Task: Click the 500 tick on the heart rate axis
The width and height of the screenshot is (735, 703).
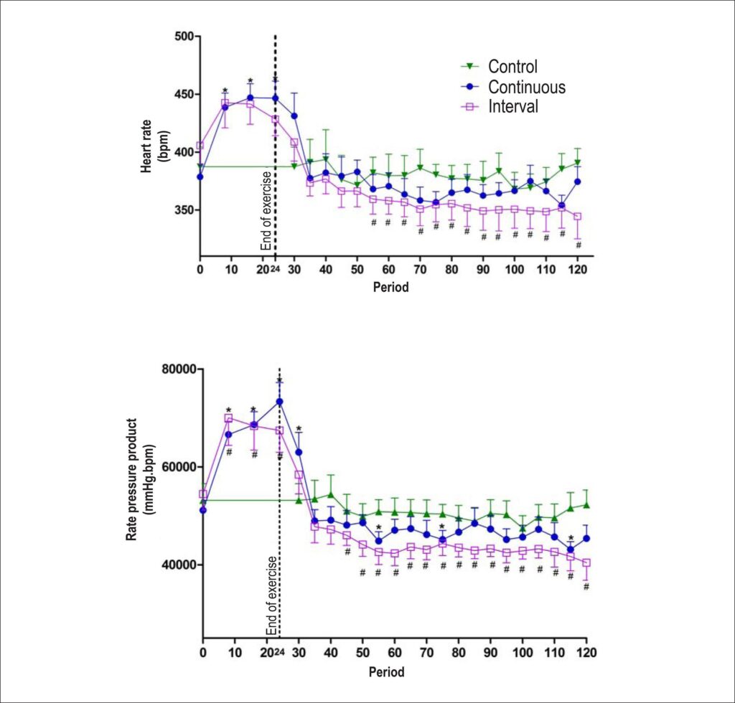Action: pos(185,36)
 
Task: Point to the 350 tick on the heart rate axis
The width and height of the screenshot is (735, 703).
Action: pos(185,209)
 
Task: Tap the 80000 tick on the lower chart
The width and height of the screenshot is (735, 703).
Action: pos(179,369)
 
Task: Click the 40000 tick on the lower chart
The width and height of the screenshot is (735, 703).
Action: pos(179,565)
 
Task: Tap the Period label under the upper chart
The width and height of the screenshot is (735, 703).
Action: pos(391,287)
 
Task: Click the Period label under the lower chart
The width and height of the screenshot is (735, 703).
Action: pos(386,672)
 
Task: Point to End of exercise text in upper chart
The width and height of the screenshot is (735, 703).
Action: pos(266,211)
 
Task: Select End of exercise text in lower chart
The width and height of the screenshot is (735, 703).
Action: pos(271,595)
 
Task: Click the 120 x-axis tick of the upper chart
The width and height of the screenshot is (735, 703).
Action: pos(578,270)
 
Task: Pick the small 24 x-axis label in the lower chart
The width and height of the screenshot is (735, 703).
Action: pos(279,652)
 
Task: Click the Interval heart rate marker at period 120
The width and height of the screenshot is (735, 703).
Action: pos(578,217)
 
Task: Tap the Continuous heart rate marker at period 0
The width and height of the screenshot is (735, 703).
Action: pos(200,176)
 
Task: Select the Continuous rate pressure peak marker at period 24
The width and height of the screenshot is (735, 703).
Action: pos(279,402)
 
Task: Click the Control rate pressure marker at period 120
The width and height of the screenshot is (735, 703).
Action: pos(586,505)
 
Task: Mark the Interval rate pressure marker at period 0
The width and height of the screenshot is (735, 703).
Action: pos(203,494)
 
